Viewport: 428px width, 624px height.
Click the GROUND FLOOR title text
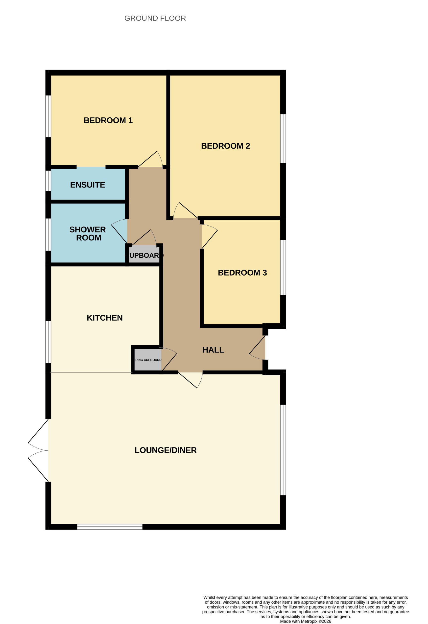tap(155, 18)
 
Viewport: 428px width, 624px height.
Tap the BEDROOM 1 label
tap(108, 120)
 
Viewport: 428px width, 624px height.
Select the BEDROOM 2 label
tap(225, 146)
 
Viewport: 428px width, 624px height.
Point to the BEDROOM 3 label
tap(242, 273)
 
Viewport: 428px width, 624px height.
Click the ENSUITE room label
tap(88, 185)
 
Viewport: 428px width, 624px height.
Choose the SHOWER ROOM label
tap(88, 233)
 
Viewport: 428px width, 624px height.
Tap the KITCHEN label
tap(105, 318)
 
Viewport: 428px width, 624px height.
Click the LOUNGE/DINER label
tap(166, 450)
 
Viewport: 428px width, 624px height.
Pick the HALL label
tap(213, 350)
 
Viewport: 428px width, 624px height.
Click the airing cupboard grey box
tap(148, 360)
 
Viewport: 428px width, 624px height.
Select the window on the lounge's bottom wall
tap(110, 526)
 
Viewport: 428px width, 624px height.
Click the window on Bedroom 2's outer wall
tap(283, 139)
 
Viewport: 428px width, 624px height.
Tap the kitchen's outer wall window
tap(48, 342)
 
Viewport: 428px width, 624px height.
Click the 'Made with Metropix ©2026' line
tap(305, 621)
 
